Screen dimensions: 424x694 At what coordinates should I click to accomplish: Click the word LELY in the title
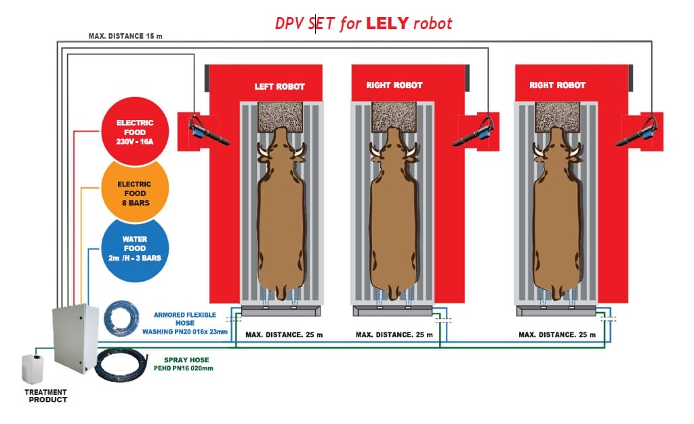[388, 23]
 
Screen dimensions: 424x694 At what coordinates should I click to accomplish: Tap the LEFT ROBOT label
[279, 87]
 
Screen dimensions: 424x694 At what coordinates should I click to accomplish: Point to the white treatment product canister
[34, 369]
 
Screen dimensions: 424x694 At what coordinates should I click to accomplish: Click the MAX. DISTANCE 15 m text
[125, 36]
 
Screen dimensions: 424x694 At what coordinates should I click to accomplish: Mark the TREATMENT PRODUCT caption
[46, 396]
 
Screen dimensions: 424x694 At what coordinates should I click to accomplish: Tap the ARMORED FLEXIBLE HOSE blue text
[185, 324]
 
